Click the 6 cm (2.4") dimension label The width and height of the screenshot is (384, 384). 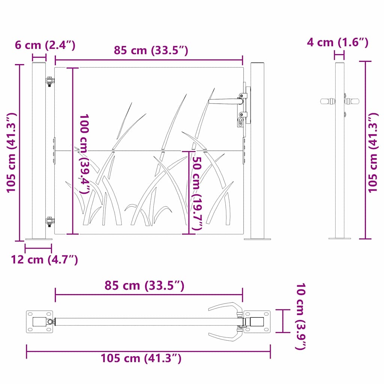(x=45, y=45)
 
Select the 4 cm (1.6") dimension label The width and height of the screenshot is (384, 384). (x=337, y=42)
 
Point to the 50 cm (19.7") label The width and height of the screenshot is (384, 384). (x=197, y=193)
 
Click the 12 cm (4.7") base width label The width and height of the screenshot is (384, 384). (x=44, y=259)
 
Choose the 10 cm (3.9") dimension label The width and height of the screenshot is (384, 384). (x=300, y=316)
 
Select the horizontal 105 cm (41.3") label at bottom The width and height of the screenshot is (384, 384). (x=141, y=358)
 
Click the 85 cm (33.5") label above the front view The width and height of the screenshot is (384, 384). (x=151, y=50)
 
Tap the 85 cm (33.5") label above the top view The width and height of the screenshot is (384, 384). (x=144, y=286)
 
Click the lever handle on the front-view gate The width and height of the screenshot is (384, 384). (x=225, y=101)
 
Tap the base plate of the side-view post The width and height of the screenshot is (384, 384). (x=339, y=238)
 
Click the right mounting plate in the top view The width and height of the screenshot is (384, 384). (x=257, y=321)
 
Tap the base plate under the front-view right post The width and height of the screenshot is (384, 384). (x=257, y=238)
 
